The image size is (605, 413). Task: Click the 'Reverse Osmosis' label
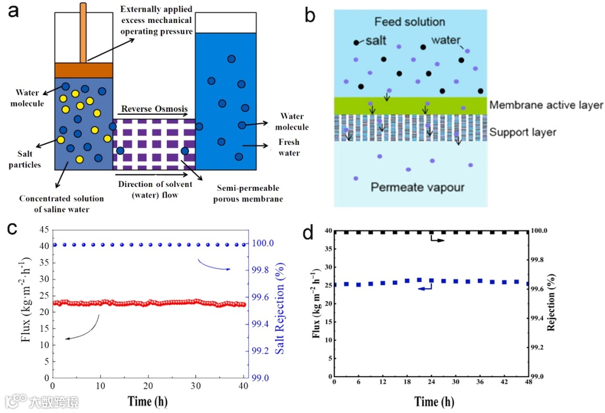click(x=152, y=109)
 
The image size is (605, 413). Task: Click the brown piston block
click(x=83, y=70)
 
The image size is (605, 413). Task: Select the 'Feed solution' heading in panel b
click(x=409, y=22)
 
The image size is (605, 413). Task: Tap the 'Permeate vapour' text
click(x=417, y=187)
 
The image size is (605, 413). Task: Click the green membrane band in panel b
click(x=409, y=105)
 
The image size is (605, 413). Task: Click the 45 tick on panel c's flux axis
click(x=43, y=229)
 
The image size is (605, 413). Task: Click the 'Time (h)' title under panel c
click(x=147, y=401)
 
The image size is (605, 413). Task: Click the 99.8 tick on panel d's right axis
click(x=538, y=260)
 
